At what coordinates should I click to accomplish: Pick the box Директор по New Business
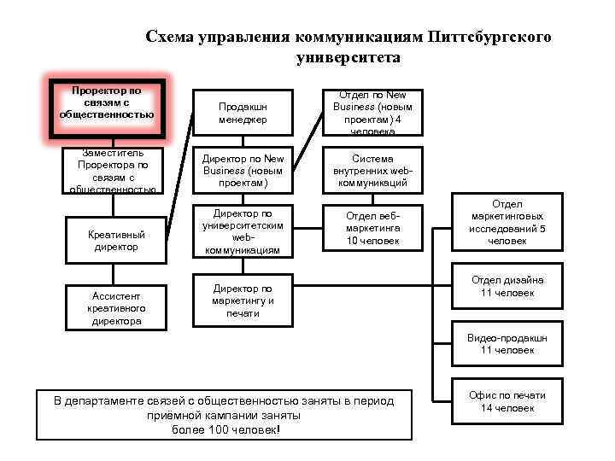[x=243, y=171]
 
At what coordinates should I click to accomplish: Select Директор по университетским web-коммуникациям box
[x=243, y=230]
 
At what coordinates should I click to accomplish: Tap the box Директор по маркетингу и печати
[x=243, y=301]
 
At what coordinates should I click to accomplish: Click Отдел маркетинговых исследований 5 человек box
[x=507, y=223]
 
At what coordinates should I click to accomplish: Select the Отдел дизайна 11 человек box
[x=507, y=287]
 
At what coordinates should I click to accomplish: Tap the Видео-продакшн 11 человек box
[x=507, y=344]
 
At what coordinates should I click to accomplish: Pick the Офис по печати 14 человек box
[x=507, y=401]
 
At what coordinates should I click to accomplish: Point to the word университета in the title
[x=348, y=58]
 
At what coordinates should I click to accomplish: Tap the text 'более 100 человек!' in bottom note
[x=225, y=429]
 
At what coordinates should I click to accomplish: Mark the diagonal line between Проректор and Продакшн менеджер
[x=179, y=128]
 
